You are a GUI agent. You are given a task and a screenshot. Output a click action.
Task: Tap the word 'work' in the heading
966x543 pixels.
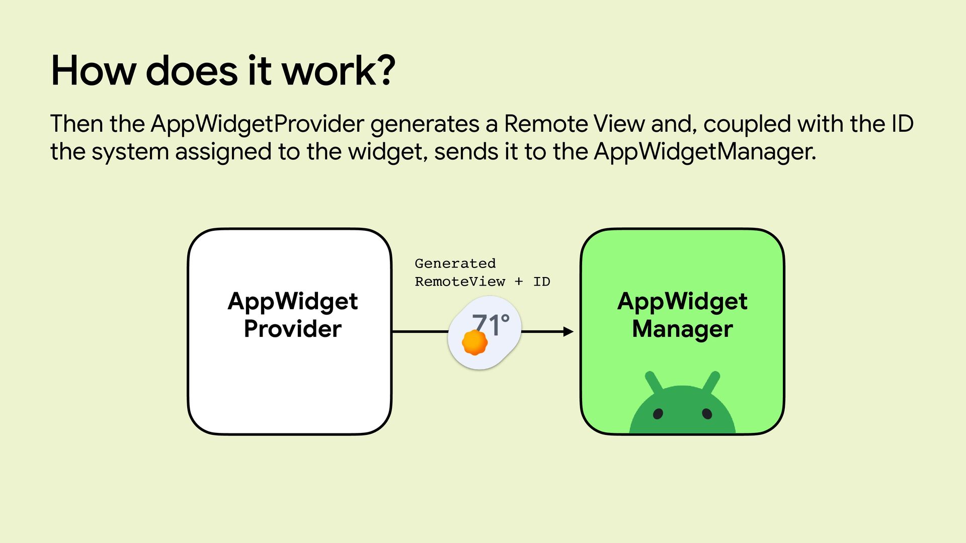coord(328,71)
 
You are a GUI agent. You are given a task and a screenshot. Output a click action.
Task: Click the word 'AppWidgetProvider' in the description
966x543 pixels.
coord(257,124)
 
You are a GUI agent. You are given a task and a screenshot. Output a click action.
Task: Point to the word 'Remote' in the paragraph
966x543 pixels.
coord(545,124)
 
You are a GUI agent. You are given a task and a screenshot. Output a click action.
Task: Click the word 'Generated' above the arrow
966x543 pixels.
coord(455,263)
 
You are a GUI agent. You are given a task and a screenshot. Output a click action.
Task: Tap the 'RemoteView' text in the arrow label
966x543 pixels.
coord(459,282)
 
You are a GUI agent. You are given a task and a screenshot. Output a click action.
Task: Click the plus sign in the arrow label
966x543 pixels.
coord(519,282)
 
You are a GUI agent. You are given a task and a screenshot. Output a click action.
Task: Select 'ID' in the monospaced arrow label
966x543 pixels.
coord(541,282)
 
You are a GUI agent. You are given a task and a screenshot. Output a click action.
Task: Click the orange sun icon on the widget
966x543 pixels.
coord(474,343)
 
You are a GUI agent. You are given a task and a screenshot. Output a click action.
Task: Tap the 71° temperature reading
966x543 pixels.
coord(491,324)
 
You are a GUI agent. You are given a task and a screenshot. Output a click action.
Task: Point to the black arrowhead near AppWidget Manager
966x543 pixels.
coord(568,331)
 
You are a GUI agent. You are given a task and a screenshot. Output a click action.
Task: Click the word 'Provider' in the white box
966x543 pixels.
coord(292,329)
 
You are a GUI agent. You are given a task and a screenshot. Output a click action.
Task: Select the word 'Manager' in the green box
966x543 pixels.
coord(682,329)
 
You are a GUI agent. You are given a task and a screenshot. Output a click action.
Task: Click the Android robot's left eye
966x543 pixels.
coord(658,414)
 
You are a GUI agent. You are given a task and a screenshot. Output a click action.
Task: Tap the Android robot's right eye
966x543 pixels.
coord(707,414)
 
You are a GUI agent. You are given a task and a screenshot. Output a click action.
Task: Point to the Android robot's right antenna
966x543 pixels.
coord(711,382)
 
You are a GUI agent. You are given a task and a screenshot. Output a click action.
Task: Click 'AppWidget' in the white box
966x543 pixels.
coord(292,301)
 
